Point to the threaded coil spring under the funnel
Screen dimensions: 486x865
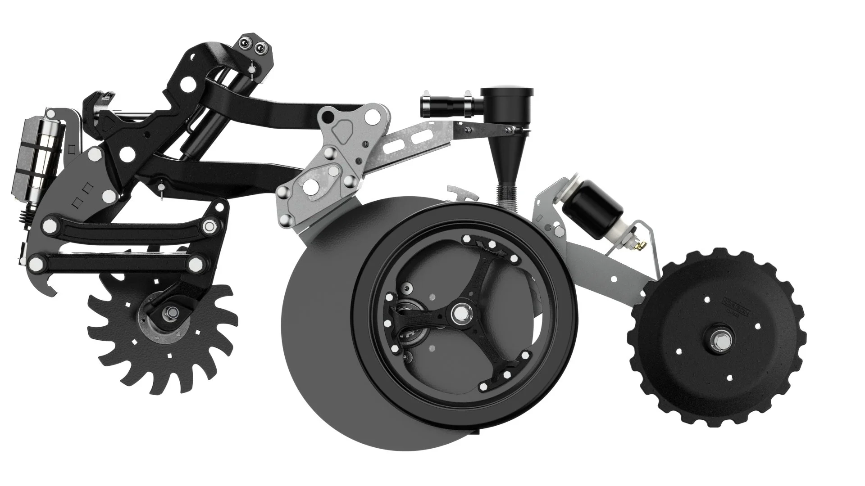509,196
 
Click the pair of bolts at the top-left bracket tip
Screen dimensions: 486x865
251,45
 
